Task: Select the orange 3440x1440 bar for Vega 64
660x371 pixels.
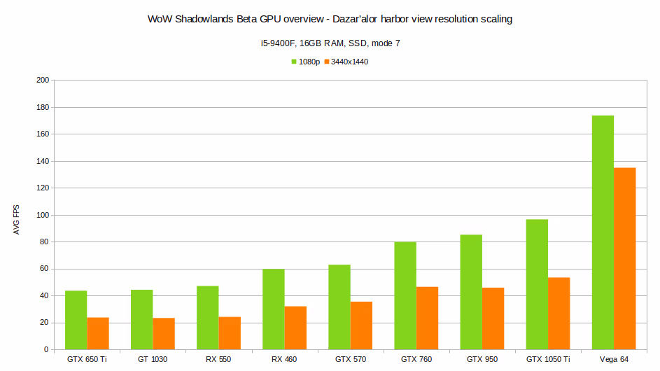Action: (624, 258)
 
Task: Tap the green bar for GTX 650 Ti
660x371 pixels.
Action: (76, 320)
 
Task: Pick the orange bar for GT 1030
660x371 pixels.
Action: (164, 334)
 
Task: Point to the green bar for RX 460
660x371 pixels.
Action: (273, 309)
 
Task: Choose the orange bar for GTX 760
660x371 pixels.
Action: (427, 318)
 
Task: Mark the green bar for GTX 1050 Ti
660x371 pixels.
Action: (537, 284)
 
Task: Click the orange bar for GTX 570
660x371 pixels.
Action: (361, 325)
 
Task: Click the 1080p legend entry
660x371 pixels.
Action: (306, 62)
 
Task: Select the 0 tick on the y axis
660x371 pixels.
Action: (46, 349)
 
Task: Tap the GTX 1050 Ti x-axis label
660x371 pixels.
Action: (548, 359)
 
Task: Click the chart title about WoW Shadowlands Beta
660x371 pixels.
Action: (330, 20)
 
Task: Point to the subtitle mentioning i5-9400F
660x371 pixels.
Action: (330, 43)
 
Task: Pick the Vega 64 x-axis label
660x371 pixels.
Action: (614, 359)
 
